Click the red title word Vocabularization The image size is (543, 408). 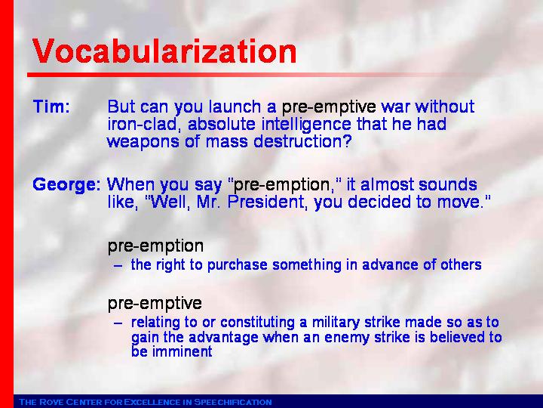[164, 51]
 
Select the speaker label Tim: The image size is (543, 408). [51, 107]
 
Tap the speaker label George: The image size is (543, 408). [66, 185]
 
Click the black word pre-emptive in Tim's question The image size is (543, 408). [329, 107]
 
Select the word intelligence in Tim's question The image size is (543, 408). [306, 125]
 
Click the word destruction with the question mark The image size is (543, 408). [302, 141]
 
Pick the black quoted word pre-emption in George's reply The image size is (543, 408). [281, 185]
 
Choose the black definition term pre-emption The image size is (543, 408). [155, 246]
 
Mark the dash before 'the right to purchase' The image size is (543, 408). [118, 266]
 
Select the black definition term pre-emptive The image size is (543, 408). [155, 304]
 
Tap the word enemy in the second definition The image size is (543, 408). [347, 338]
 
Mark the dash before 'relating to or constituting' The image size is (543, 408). [118, 323]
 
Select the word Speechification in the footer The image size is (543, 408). [233, 402]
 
